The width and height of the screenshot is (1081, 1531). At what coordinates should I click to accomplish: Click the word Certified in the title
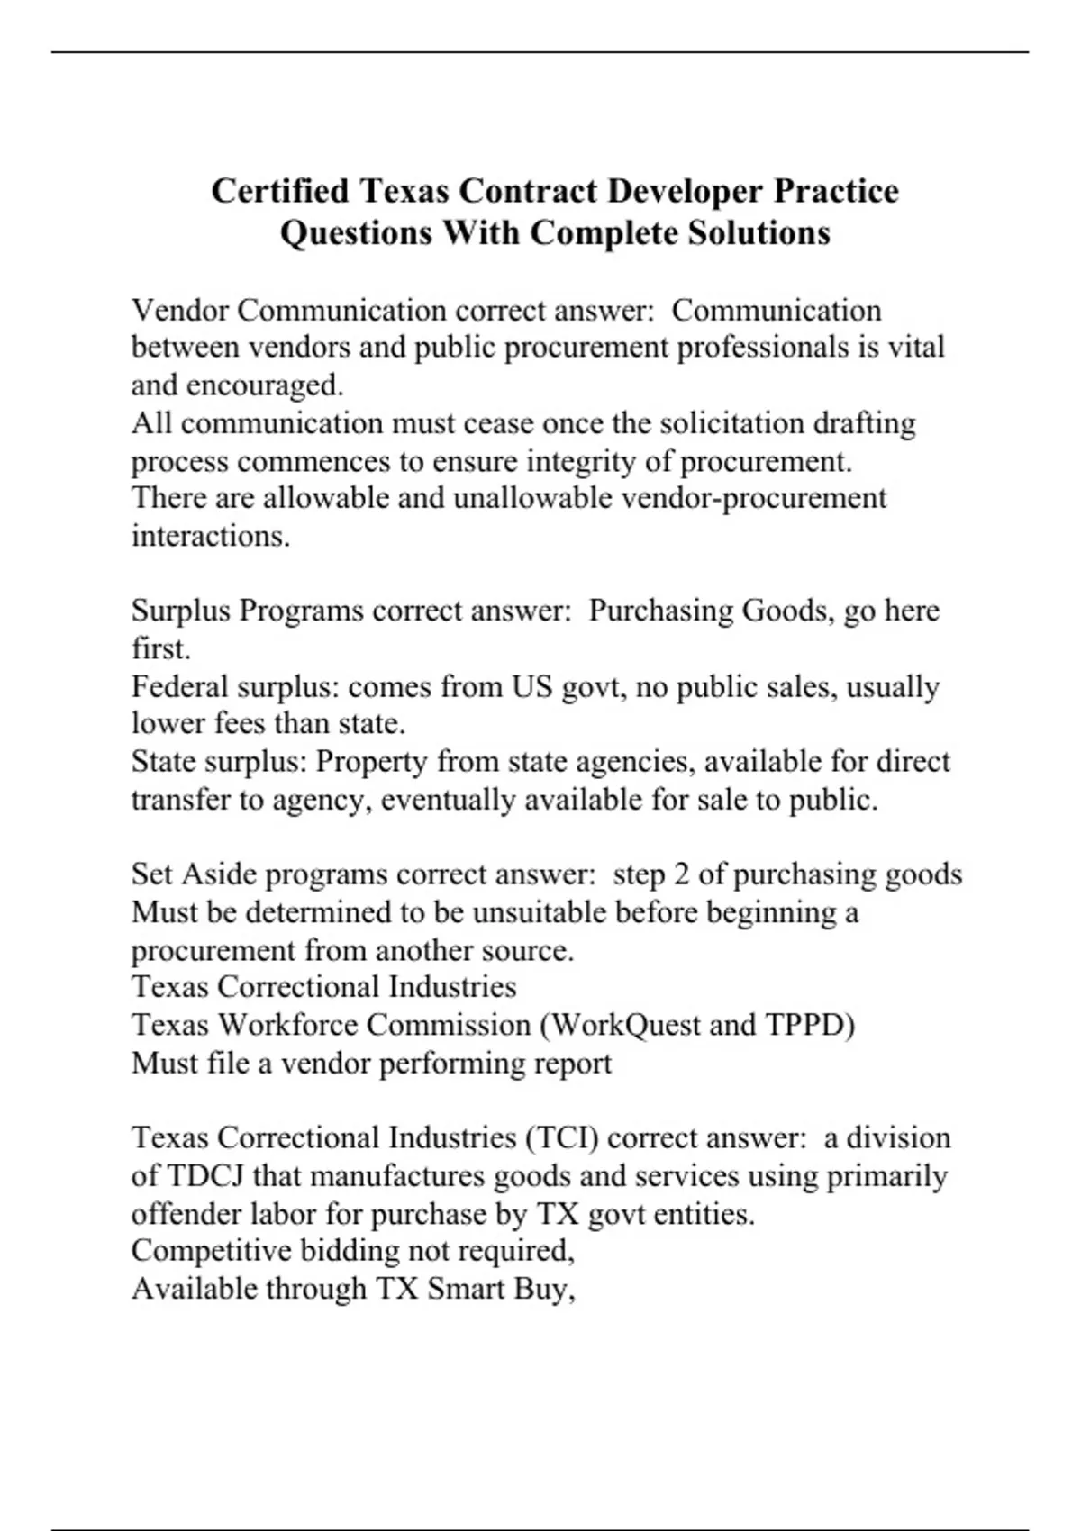[x=279, y=192]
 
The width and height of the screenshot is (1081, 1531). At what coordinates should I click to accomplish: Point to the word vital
[x=917, y=347]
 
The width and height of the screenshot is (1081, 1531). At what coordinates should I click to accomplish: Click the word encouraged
[x=264, y=385]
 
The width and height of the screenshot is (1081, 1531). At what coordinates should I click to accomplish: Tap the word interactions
[x=211, y=537]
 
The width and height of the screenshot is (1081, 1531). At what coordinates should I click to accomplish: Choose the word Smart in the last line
[x=466, y=1289]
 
